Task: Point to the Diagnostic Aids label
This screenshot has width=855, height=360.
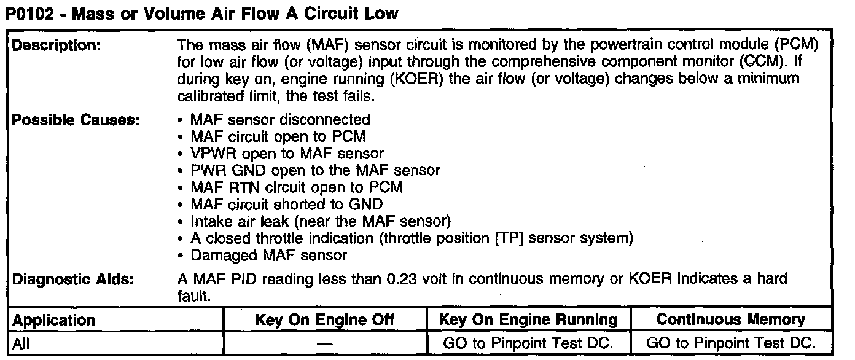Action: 73,279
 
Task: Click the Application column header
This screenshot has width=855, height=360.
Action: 54,320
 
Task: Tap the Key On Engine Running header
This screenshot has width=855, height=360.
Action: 528,320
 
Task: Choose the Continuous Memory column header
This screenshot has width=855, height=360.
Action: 730,320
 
